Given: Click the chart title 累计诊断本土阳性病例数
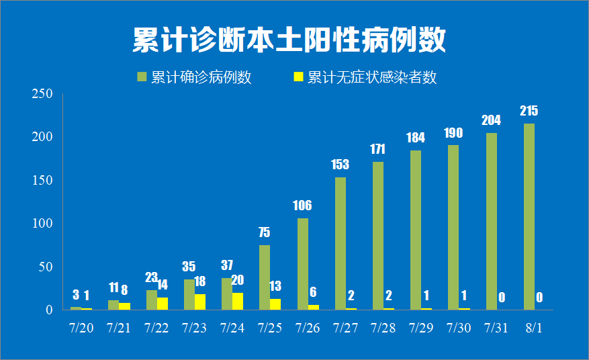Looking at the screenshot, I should pyautogui.click(x=289, y=40).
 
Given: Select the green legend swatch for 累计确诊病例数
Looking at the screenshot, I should pyautogui.click(x=142, y=77).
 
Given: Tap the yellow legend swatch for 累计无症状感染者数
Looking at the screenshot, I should pyautogui.click(x=299, y=77).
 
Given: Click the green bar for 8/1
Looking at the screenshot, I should pyautogui.click(x=529, y=216).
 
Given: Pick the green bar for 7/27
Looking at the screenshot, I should pyautogui.click(x=341, y=243).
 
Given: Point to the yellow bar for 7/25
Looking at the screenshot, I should pyautogui.click(x=275, y=304).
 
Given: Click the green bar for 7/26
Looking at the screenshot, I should pyautogui.click(x=303, y=263).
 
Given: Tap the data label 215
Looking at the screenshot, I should pyautogui.click(x=529, y=111).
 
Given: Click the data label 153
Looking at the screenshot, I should pyautogui.click(x=341, y=165).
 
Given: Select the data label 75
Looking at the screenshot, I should pyautogui.click(x=265, y=232).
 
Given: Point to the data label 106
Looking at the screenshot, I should pyautogui.click(x=303, y=206).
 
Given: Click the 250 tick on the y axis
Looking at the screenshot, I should pyautogui.click(x=42, y=94).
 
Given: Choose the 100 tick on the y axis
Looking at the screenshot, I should pyautogui.click(x=42, y=224).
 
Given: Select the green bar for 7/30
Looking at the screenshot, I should pyautogui.click(x=453, y=227).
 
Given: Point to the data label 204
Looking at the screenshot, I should pyautogui.click(x=491, y=121).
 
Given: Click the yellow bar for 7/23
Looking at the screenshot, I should pyautogui.click(x=200, y=302).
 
